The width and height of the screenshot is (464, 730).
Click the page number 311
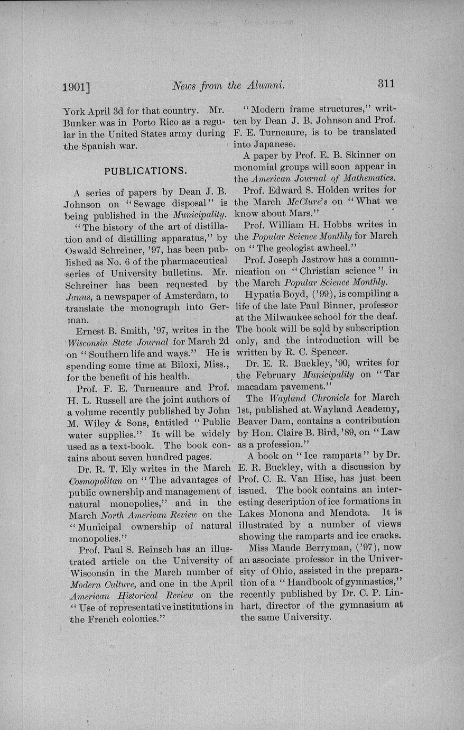pos(386,84)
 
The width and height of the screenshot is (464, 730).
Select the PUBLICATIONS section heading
pos(145,171)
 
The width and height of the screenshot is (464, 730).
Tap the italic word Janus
pos(80,296)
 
